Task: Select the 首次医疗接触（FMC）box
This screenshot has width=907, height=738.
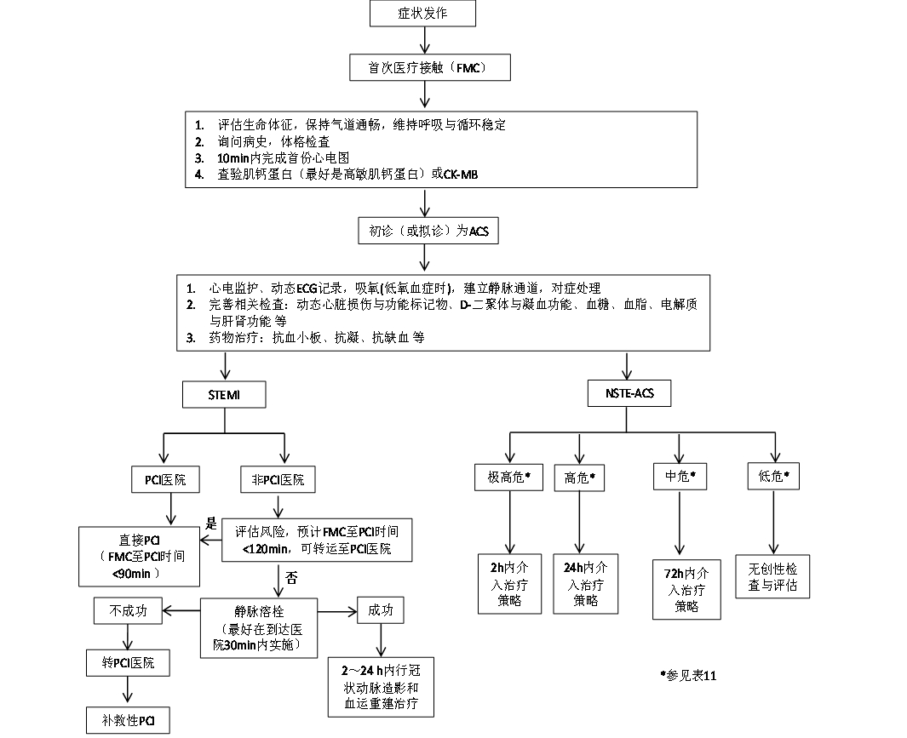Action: coord(422,66)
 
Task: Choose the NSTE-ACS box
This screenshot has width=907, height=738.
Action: coord(629,395)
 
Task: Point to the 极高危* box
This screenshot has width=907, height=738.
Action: coord(508,478)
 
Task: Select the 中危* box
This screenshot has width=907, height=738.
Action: coord(679,478)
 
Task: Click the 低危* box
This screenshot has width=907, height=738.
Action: coord(772,478)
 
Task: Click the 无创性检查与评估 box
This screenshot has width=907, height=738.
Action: coord(772,577)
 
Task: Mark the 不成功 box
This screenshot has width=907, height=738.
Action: coord(127,609)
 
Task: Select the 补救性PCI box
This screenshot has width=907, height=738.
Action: coord(127,720)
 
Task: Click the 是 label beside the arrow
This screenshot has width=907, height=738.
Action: coord(212,521)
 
